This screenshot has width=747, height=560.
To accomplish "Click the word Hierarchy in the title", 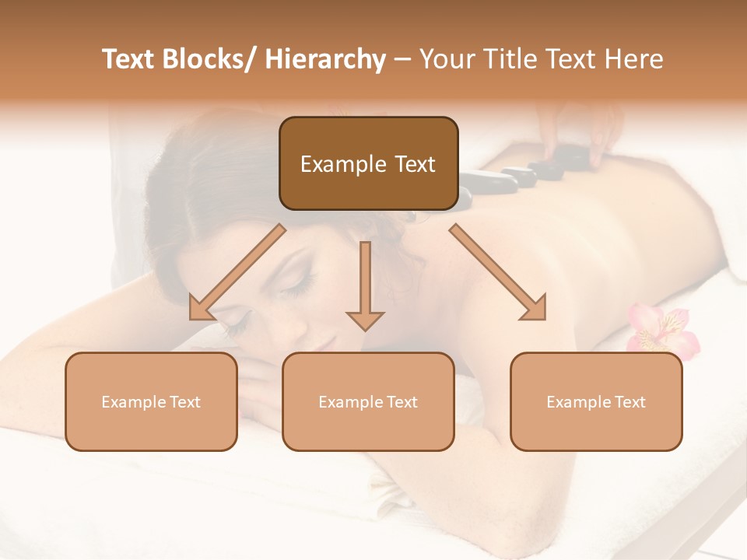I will [x=325, y=59].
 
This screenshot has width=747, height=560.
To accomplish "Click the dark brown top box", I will [x=368, y=163].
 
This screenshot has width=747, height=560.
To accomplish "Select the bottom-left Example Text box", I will [x=151, y=401].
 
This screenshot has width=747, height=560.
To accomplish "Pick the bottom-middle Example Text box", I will [x=368, y=401].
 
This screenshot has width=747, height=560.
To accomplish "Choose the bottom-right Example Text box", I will [x=596, y=401].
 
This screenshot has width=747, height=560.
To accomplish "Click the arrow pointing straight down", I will [x=365, y=288].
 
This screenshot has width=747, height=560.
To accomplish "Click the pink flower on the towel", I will [x=661, y=327].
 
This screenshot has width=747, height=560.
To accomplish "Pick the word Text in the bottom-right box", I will [x=630, y=402].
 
